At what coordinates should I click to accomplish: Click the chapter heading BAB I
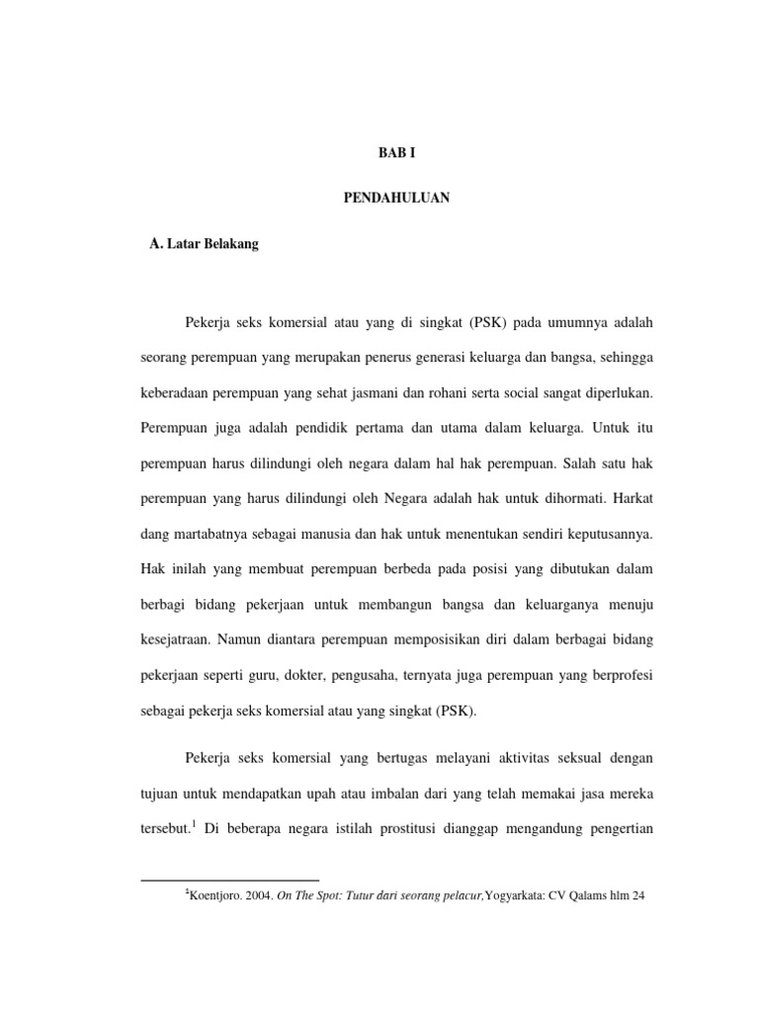399,153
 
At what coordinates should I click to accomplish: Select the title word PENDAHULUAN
398,199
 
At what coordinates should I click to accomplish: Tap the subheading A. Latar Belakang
203,244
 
